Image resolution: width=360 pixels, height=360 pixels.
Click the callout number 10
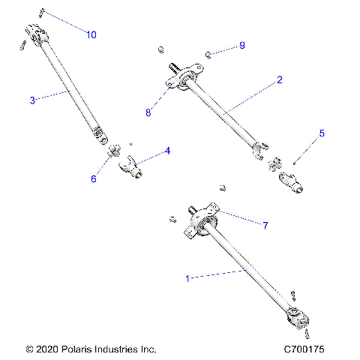[x=91, y=34]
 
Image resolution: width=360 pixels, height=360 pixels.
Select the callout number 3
[x=32, y=100]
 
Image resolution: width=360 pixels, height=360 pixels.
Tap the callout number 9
[x=242, y=46]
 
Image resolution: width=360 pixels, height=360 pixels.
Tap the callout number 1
[x=188, y=277]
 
